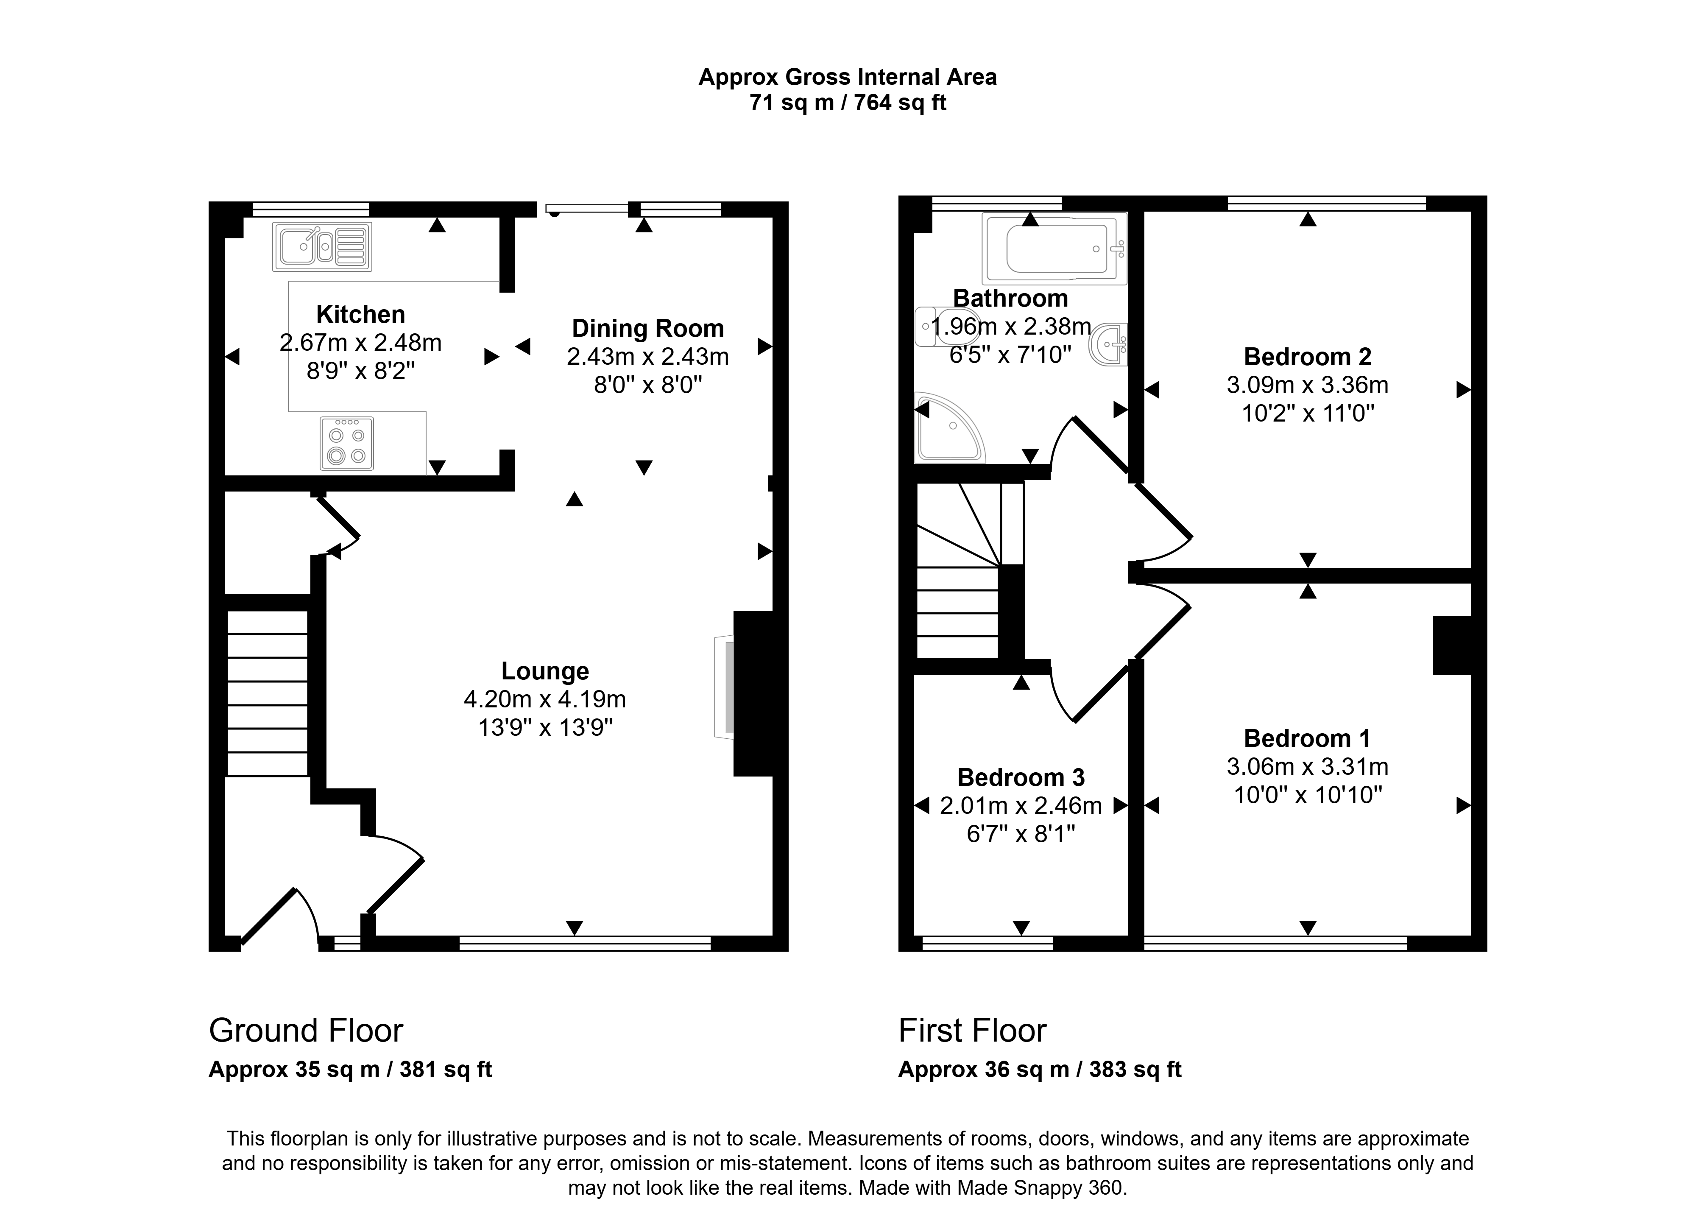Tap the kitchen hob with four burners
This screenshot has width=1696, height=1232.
tap(347, 444)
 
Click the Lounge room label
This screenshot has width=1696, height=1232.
tap(545, 671)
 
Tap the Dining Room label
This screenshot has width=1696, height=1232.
tap(647, 328)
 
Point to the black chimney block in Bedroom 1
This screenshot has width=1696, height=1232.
tap(1452, 645)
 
